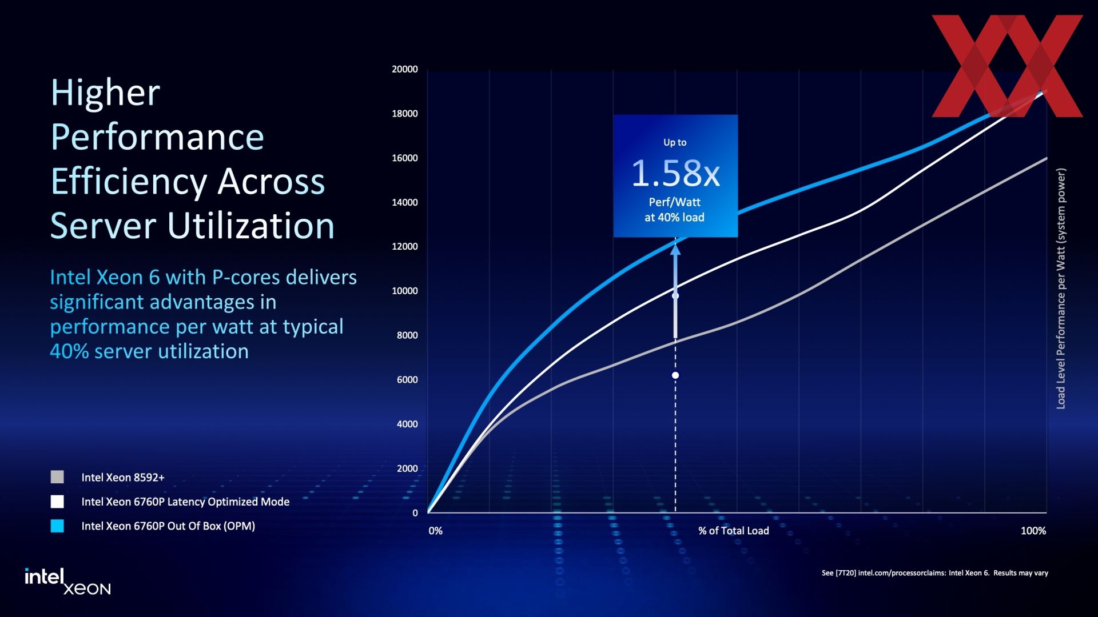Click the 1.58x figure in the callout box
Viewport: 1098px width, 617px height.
click(x=675, y=173)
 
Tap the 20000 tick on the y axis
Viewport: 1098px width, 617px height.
click(x=405, y=69)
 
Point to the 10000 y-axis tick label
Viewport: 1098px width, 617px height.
click(x=405, y=291)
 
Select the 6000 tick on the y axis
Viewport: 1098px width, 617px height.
click(x=407, y=379)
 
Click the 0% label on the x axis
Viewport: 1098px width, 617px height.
click(x=436, y=531)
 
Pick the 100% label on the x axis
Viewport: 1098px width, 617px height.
click(x=1033, y=531)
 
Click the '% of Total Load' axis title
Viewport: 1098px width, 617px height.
click(x=734, y=531)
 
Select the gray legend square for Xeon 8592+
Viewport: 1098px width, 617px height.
click(x=57, y=477)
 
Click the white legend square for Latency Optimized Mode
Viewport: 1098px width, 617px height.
click(x=57, y=502)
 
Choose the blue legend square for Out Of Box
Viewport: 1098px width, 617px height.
click(x=57, y=526)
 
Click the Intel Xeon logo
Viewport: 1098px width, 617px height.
click(x=67, y=582)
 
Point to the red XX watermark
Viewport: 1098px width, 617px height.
click(x=1007, y=66)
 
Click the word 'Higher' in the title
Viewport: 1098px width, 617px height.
click(x=105, y=93)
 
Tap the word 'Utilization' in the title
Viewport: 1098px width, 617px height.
click(x=250, y=226)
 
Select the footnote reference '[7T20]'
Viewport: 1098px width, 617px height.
click(x=846, y=573)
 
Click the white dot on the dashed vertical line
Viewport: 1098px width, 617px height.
click(x=675, y=375)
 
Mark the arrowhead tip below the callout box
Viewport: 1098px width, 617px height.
click(x=675, y=245)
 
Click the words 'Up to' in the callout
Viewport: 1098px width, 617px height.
click(x=675, y=142)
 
